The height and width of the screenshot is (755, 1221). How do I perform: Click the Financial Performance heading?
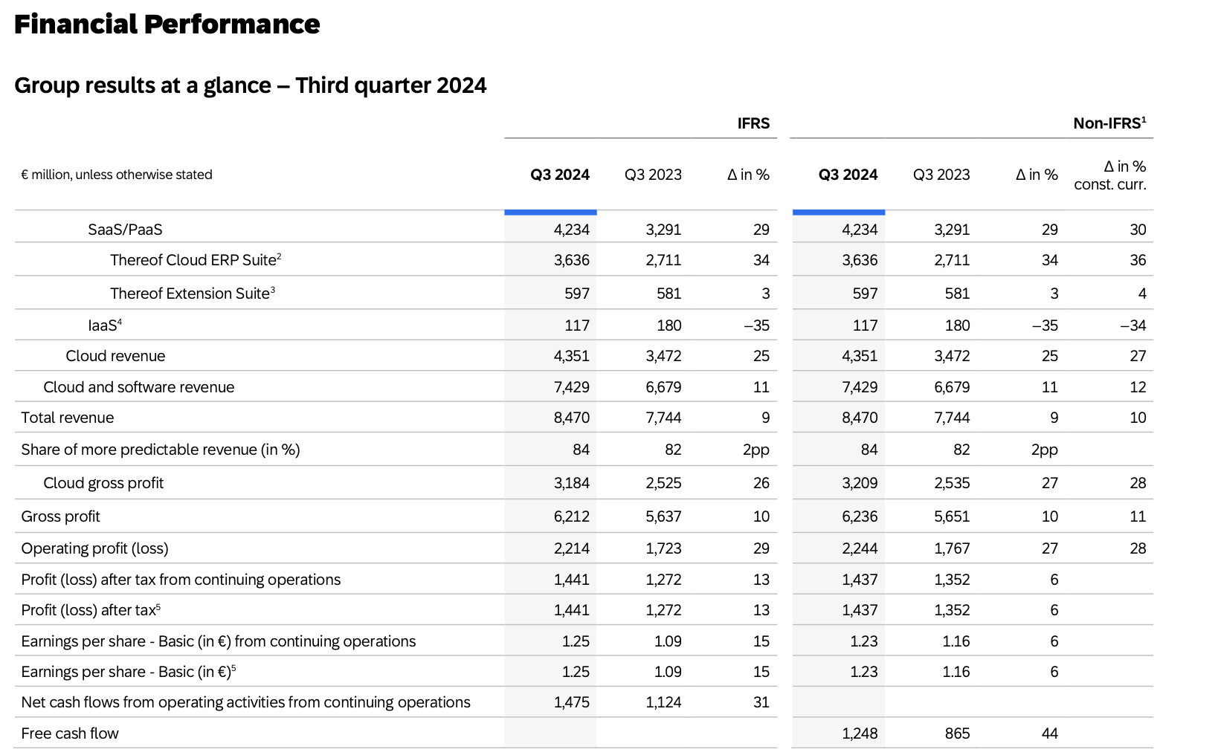[167, 25]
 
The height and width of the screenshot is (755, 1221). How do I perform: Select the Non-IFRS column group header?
[1109, 123]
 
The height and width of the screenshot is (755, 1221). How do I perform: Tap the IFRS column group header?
[753, 123]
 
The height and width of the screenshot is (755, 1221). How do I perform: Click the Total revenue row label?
[68, 418]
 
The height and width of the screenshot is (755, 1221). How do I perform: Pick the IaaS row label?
[104, 325]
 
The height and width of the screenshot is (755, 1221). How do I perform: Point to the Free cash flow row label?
[70, 733]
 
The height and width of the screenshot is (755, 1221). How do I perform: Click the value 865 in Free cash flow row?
[957, 733]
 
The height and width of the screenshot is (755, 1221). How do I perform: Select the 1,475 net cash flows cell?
[571, 702]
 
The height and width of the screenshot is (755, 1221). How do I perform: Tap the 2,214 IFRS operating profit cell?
[571, 548]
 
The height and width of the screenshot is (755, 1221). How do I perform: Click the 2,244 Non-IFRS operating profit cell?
[860, 548]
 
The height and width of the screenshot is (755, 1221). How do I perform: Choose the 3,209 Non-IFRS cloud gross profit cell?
[860, 483]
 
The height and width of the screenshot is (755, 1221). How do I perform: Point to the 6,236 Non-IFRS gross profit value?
[860, 516]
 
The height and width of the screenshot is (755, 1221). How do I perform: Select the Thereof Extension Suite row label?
[192, 294]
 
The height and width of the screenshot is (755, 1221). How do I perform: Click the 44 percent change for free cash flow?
[1049, 733]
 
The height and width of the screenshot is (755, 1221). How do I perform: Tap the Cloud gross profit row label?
[103, 483]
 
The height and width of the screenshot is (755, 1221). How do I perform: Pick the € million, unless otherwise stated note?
[117, 175]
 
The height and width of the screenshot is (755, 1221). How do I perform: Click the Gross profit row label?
[60, 516]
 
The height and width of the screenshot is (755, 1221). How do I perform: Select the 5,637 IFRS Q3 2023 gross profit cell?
[663, 516]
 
